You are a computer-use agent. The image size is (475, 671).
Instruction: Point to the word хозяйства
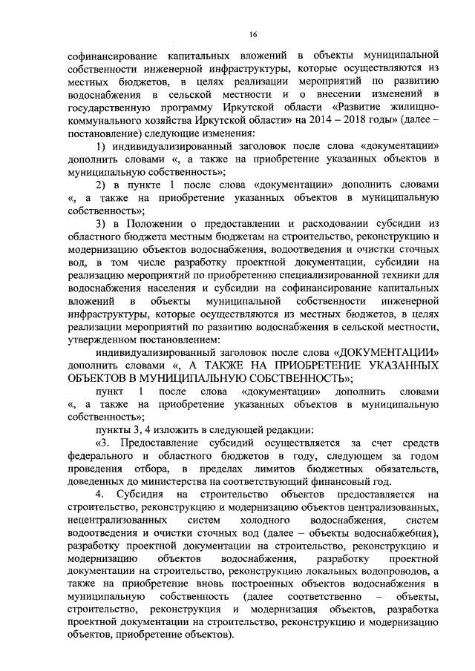[x=156, y=122]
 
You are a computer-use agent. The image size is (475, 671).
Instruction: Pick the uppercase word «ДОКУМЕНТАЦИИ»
[x=387, y=352]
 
